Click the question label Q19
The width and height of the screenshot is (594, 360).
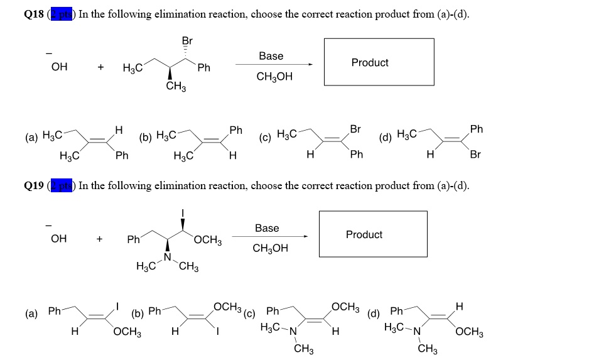tap(33, 185)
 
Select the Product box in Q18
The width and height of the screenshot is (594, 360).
tap(379, 62)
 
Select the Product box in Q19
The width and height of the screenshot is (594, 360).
tap(372, 234)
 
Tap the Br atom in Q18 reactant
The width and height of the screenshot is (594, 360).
tap(187, 41)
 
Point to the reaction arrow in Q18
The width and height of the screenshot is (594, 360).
tap(274, 65)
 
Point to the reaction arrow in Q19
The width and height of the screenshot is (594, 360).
tap(270, 237)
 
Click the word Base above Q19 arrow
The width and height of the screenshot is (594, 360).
tap(267, 227)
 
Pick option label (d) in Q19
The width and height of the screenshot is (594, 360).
tap(374, 313)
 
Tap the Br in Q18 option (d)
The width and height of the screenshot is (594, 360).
tap(475, 155)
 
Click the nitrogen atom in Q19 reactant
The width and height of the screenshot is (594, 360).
tap(168, 258)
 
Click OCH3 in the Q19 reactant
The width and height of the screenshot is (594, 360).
tap(208, 240)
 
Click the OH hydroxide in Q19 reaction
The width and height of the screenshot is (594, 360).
tap(58, 238)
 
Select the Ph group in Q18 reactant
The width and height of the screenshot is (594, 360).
tap(203, 67)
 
